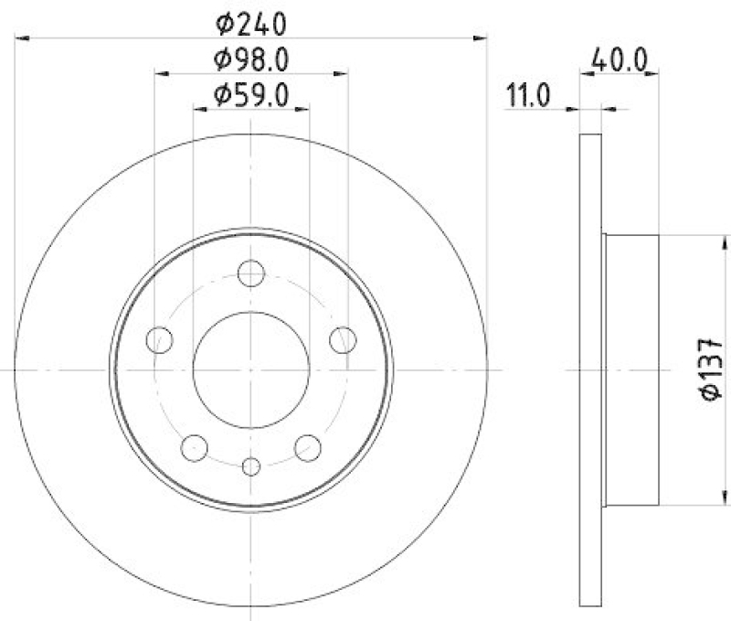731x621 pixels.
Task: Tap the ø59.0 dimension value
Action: point(251,93)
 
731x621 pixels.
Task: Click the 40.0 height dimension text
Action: point(620,60)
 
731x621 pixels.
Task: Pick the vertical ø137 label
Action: point(712,369)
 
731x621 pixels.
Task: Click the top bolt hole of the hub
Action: point(251,273)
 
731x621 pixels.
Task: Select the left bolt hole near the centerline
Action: point(160,340)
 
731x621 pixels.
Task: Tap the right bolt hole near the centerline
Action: point(343,340)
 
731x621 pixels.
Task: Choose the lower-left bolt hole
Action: point(195,447)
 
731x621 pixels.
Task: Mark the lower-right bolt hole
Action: point(308,447)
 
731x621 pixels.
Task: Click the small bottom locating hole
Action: point(251,466)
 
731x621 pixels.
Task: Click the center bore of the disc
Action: point(251,369)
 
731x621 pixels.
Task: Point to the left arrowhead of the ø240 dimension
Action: point(22,37)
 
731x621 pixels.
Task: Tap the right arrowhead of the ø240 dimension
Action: point(482,37)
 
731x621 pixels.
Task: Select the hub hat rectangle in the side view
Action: point(631,369)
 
